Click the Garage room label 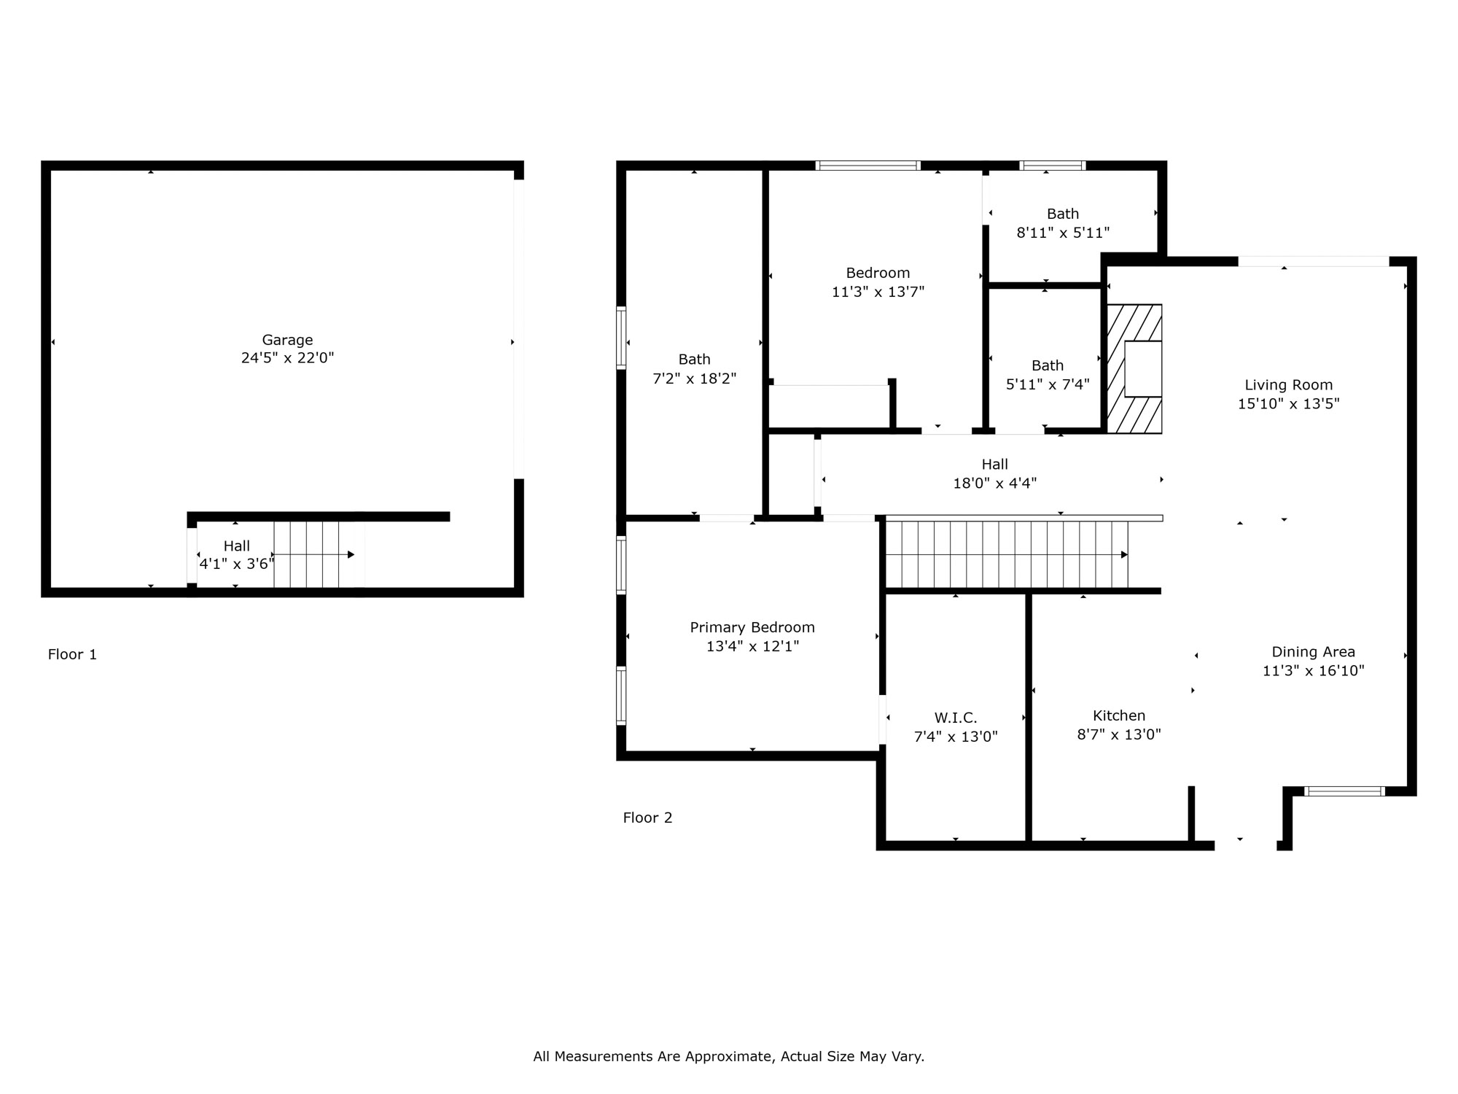(x=287, y=340)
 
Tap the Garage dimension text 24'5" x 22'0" (x=287, y=358)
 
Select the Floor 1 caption (x=72, y=654)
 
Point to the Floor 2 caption (x=647, y=818)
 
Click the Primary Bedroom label (x=752, y=627)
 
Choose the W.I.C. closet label (x=956, y=718)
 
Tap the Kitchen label (x=1119, y=715)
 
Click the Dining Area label (x=1314, y=652)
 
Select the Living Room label (x=1289, y=385)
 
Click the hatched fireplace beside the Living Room (x=1134, y=369)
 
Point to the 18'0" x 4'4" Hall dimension (x=995, y=483)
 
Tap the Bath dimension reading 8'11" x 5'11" (x=1063, y=233)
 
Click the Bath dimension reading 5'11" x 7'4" (x=1048, y=384)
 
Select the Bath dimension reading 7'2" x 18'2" (x=694, y=379)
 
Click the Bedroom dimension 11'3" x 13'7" (x=878, y=292)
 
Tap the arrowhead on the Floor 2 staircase (x=1124, y=555)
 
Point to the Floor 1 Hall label (x=236, y=546)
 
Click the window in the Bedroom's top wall (x=868, y=166)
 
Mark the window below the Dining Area (x=1344, y=791)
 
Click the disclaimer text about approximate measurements (x=729, y=1056)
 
